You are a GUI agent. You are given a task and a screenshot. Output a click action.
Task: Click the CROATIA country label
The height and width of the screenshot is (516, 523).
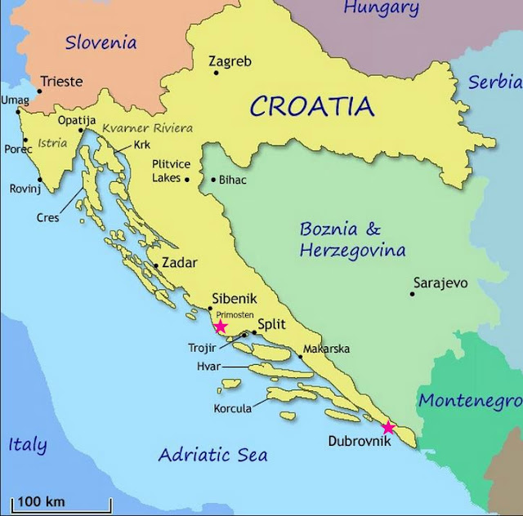(x=312, y=106)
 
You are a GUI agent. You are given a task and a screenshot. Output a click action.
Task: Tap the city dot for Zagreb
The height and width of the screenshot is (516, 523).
(x=217, y=73)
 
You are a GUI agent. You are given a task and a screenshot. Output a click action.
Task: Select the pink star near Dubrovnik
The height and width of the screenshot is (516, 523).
(x=388, y=428)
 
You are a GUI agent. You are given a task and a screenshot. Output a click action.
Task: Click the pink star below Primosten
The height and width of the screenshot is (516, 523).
(x=221, y=327)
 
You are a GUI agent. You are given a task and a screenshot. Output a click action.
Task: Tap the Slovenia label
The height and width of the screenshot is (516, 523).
(x=101, y=42)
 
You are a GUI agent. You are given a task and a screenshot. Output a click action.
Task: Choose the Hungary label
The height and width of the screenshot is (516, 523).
(x=381, y=9)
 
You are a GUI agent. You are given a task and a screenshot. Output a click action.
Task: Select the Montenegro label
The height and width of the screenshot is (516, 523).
(x=469, y=401)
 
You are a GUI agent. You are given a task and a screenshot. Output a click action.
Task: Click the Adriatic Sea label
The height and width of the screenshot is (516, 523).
(x=213, y=455)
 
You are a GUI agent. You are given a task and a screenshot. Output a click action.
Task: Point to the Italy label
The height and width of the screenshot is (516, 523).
(x=27, y=445)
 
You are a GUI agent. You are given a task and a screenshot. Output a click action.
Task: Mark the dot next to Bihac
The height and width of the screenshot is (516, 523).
(x=214, y=180)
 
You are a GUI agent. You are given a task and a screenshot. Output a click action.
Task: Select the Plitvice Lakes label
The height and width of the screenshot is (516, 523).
(x=168, y=171)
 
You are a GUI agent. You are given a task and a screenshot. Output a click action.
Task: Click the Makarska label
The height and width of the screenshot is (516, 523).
(x=327, y=349)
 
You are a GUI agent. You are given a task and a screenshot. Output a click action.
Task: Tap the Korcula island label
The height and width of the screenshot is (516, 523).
(x=233, y=408)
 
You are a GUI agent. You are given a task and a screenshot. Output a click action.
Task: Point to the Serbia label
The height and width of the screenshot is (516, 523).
(x=495, y=82)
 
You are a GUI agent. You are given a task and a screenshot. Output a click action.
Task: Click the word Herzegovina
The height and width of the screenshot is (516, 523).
(x=352, y=251)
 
